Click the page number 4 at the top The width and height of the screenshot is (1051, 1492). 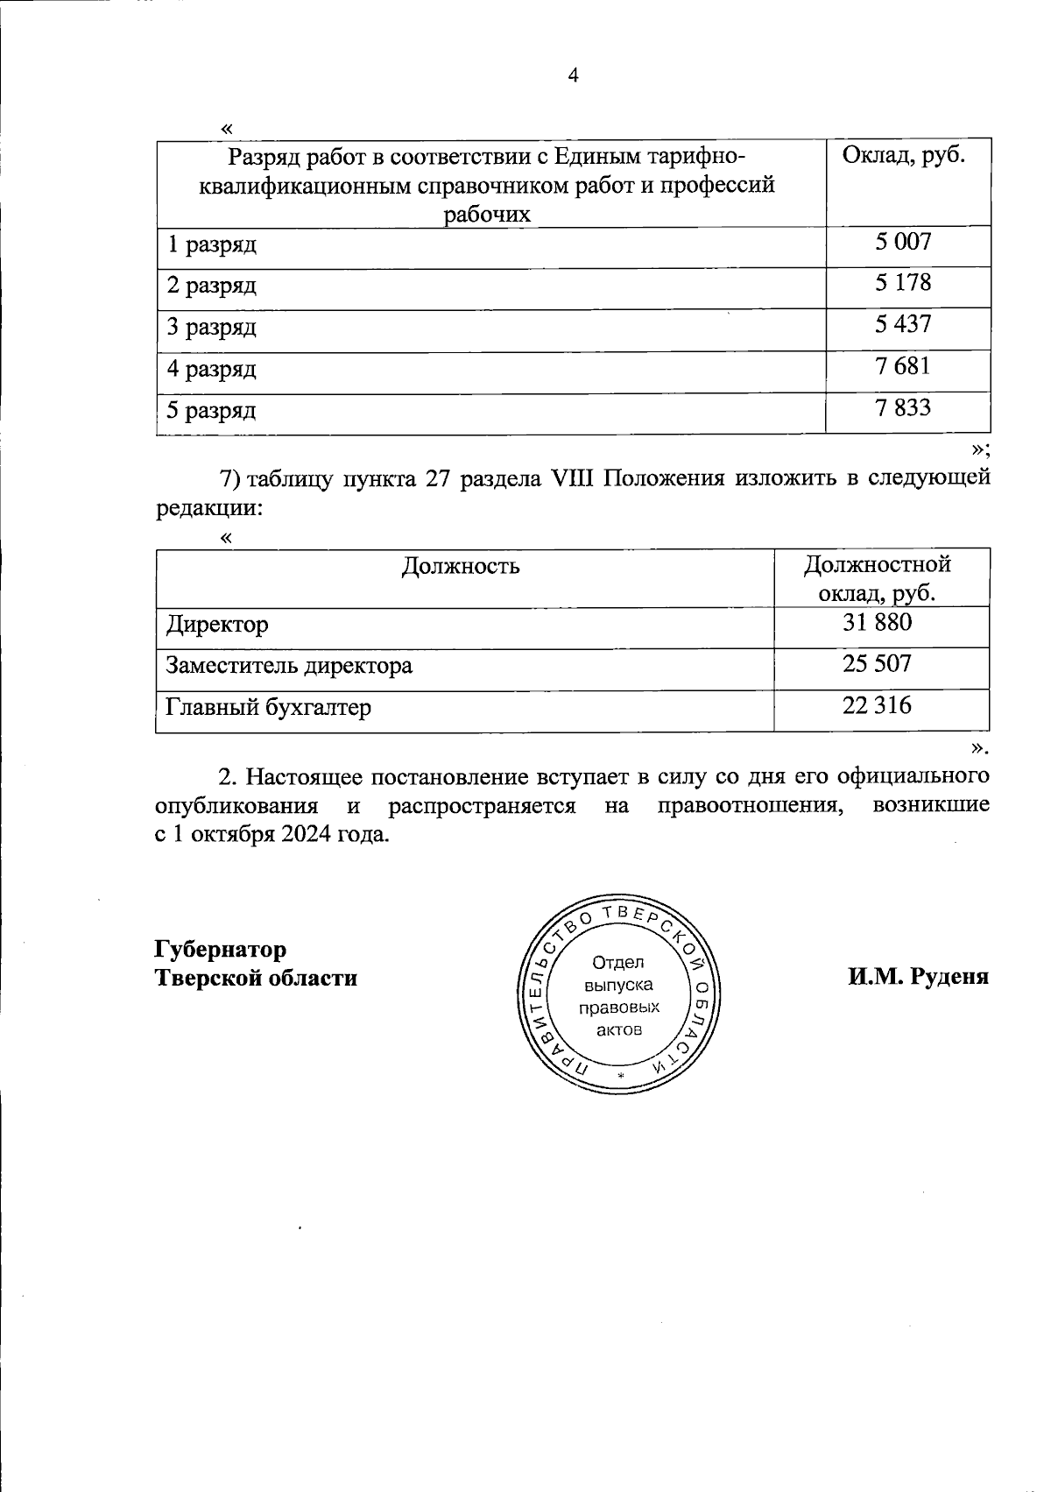[x=574, y=76]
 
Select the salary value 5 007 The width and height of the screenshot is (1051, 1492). [x=903, y=242]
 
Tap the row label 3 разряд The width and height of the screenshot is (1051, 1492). [x=212, y=328]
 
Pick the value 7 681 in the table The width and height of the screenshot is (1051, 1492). [x=903, y=365]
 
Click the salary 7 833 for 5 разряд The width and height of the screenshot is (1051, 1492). [x=903, y=407]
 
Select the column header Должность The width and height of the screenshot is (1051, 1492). [x=461, y=566]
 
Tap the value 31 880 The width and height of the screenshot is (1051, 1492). [x=877, y=622]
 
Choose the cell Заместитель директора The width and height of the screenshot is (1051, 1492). [x=289, y=666]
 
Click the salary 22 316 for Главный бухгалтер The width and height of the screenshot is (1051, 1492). [x=877, y=704]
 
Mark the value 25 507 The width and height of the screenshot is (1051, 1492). [x=877, y=663]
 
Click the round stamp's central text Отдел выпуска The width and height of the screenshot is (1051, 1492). [x=618, y=973]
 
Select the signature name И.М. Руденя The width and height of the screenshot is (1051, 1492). [x=917, y=977]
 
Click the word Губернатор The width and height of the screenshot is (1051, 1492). [x=221, y=950]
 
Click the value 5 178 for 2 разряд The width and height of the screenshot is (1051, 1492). [x=903, y=283]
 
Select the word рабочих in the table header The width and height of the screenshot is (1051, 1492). [x=487, y=215]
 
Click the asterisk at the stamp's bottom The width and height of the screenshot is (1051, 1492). [x=620, y=1075]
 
